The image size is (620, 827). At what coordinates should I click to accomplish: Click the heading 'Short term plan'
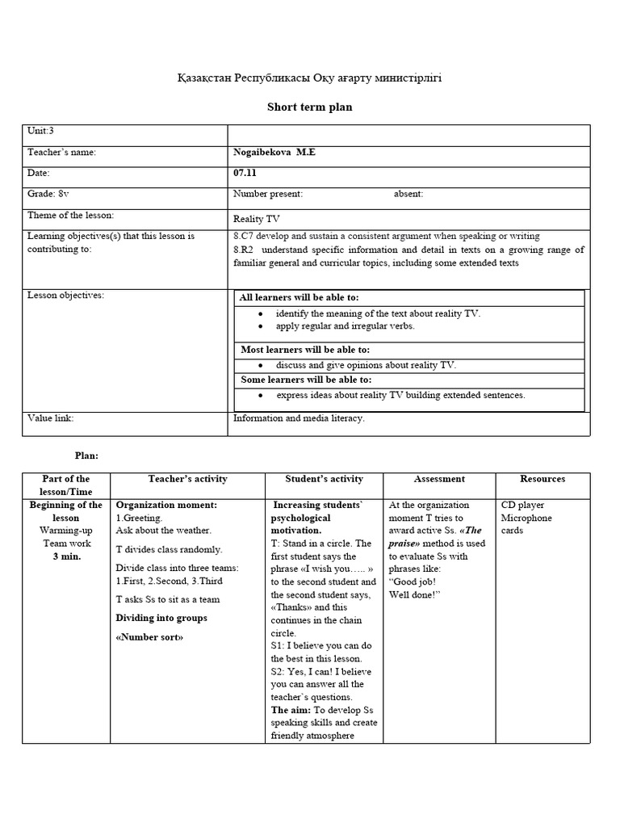pyautogui.click(x=310, y=107)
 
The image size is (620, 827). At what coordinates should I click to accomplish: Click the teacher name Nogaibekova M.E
pyautogui.click(x=272, y=152)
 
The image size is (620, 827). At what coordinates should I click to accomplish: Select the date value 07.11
pyautogui.click(x=245, y=173)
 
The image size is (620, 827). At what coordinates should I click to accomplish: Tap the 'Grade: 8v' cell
pyautogui.click(x=48, y=194)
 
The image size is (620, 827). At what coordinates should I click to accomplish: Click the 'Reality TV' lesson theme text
pyautogui.click(x=257, y=218)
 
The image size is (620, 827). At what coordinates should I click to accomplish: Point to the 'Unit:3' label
pyautogui.click(x=40, y=131)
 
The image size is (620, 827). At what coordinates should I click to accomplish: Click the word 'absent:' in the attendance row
pyautogui.click(x=408, y=194)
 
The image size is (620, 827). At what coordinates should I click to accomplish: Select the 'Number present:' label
pyautogui.click(x=268, y=194)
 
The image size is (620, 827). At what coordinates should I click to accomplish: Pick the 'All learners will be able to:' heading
pyautogui.click(x=300, y=298)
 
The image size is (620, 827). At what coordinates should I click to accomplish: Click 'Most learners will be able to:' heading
pyautogui.click(x=305, y=350)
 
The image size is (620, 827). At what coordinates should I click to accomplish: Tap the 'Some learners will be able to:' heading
pyautogui.click(x=306, y=379)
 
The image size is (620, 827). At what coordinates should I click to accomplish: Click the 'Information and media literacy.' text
pyautogui.click(x=299, y=418)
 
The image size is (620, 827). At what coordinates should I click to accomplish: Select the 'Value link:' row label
pyautogui.click(x=51, y=418)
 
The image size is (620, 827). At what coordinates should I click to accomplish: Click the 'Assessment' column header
pyautogui.click(x=439, y=479)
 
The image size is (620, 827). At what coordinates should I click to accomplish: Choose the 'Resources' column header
pyautogui.click(x=542, y=479)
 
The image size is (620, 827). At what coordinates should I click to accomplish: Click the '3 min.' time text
pyautogui.click(x=66, y=556)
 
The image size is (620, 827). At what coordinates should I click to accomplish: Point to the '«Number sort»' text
pyautogui.click(x=149, y=637)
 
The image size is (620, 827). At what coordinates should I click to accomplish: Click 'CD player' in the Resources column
pyautogui.click(x=524, y=505)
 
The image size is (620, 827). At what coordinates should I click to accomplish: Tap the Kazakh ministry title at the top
pyautogui.click(x=310, y=78)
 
